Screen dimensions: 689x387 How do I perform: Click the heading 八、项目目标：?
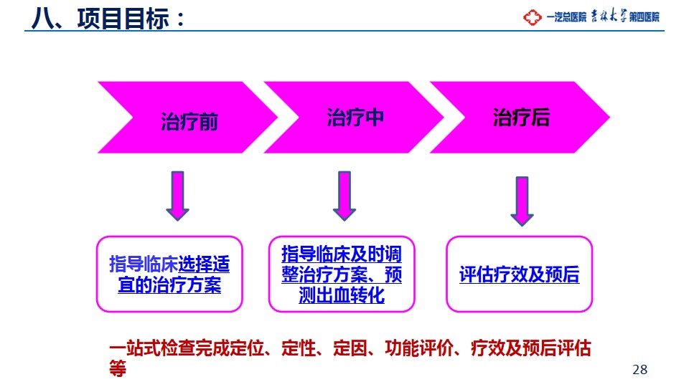click(x=108, y=19)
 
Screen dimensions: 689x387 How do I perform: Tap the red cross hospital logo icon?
click(x=532, y=17)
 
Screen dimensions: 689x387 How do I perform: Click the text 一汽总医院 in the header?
click(x=566, y=17)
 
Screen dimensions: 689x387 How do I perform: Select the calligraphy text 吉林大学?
click(x=609, y=16)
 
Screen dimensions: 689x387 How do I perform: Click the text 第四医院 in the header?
click(x=645, y=17)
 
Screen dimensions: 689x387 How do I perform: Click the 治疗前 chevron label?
click(x=189, y=122)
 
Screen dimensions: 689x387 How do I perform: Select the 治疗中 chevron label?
click(x=355, y=118)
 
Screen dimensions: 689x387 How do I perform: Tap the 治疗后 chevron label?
click(x=521, y=118)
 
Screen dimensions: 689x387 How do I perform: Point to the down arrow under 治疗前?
click(x=177, y=196)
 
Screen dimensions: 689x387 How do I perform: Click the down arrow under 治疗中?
click(x=344, y=196)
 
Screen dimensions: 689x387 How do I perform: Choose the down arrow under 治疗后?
click(x=522, y=201)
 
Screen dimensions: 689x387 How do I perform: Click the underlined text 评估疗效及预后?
click(x=520, y=274)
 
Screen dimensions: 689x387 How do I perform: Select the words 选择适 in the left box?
click(x=204, y=264)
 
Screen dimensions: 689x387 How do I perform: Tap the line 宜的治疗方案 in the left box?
click(x=169, y=285)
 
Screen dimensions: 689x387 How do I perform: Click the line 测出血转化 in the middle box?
click(x=342, y=295)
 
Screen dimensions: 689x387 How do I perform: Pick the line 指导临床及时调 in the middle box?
click(x=342, y=254)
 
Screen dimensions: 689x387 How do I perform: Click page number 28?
click(x=639, y=370)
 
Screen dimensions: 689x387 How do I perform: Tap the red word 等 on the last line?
click(x=118, y=368)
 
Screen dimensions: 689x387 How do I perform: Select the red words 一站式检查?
click(x=152, y=348)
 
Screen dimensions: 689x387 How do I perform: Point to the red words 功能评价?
click(x=419, y=348)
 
